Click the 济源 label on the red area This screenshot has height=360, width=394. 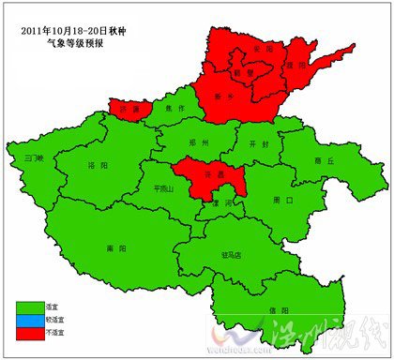pos(129,109)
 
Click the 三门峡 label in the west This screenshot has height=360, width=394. pos(35,157)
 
